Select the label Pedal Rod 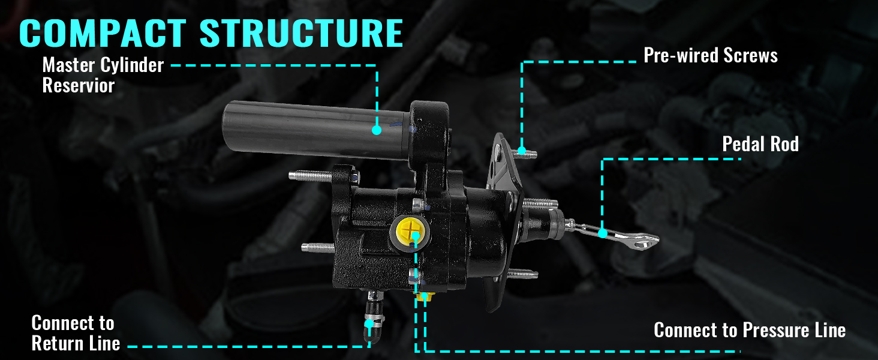(x=760, y=144)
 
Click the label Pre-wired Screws (x=711, y=56)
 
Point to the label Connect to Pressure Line (x=750, y=330)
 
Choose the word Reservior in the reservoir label (x=78, y=86)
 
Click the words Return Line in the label (x=76, y=344)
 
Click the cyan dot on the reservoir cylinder (x=377, y=129)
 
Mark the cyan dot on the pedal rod (x=603, y=232)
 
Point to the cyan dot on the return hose (x=369, y=323)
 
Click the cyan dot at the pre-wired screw (x=522, y=150)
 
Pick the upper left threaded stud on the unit (x=309, y=176)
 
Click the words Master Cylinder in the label (x=103, y=65)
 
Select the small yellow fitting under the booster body (x=425, y=296)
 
